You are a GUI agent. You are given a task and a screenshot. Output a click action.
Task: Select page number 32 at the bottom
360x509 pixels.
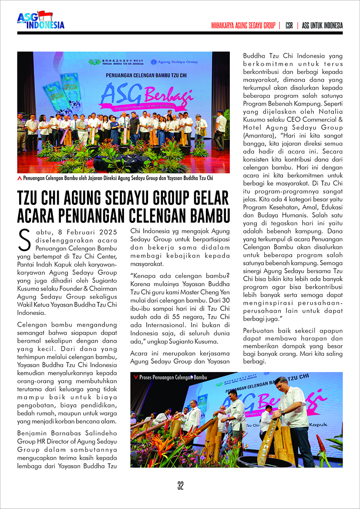[180, 486]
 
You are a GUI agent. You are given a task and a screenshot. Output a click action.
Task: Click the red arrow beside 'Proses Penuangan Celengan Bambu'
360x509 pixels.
[136, 377]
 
